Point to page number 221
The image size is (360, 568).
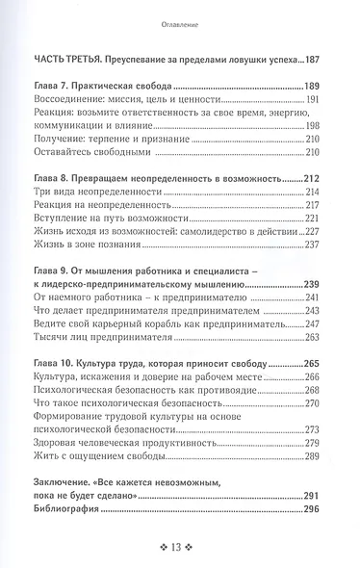coord(333,218)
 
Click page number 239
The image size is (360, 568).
coord(332,284)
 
